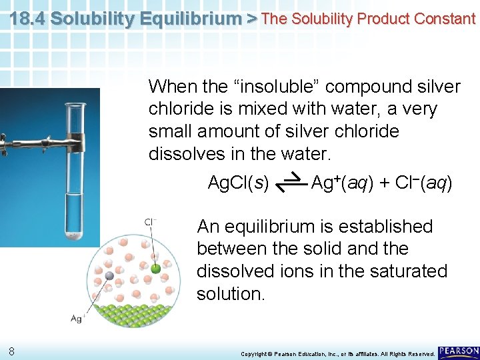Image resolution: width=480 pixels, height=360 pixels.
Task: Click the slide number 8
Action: (13, 351)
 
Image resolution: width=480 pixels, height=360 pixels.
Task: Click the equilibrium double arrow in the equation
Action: (290, 182)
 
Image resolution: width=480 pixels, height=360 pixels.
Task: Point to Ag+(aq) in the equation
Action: (341, 182)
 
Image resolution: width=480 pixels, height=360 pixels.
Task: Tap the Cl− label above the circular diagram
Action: (151, 222)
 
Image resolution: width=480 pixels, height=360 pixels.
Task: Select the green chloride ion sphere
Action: (156, 269)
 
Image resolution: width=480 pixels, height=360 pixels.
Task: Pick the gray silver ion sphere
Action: (109, 274)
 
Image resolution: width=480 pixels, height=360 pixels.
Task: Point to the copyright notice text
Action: (337, 353)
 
